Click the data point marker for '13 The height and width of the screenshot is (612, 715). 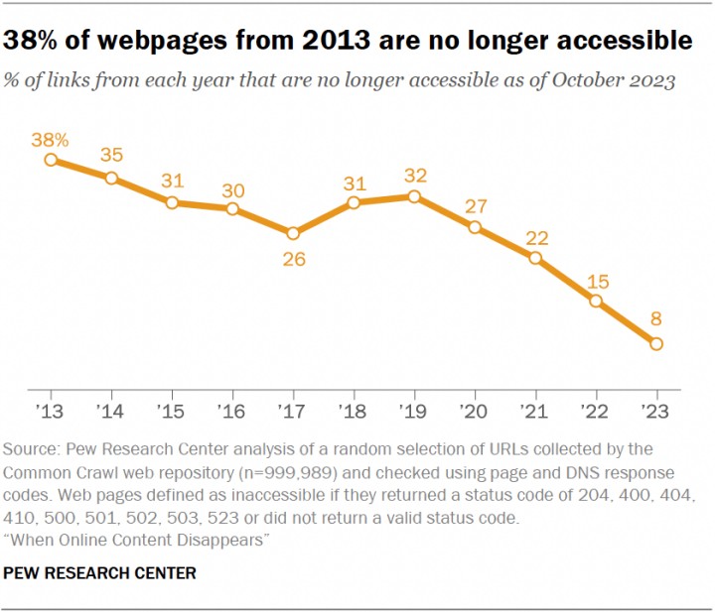click(x=52, y=160)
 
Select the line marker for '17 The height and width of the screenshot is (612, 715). click(x=293, y=234)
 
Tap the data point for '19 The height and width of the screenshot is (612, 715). click(x=414, y=197)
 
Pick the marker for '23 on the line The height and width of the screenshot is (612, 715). click(x=656, y=344)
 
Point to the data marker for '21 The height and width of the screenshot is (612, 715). click(x=535, y=258)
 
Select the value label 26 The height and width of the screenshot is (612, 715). click(x=293, y=260)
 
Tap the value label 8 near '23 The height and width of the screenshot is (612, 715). click(x=656, y=319)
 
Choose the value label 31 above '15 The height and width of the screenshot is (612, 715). click(x=173, y=181)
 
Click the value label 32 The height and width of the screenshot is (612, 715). click(x=414, y=175)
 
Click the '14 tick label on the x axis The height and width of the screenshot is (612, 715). click(x=112, y=410)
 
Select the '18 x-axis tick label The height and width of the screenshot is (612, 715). click(x=354, y=410)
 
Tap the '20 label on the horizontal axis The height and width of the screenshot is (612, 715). click(x=475, y=410)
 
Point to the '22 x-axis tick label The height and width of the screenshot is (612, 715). click(x=596, y=410)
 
